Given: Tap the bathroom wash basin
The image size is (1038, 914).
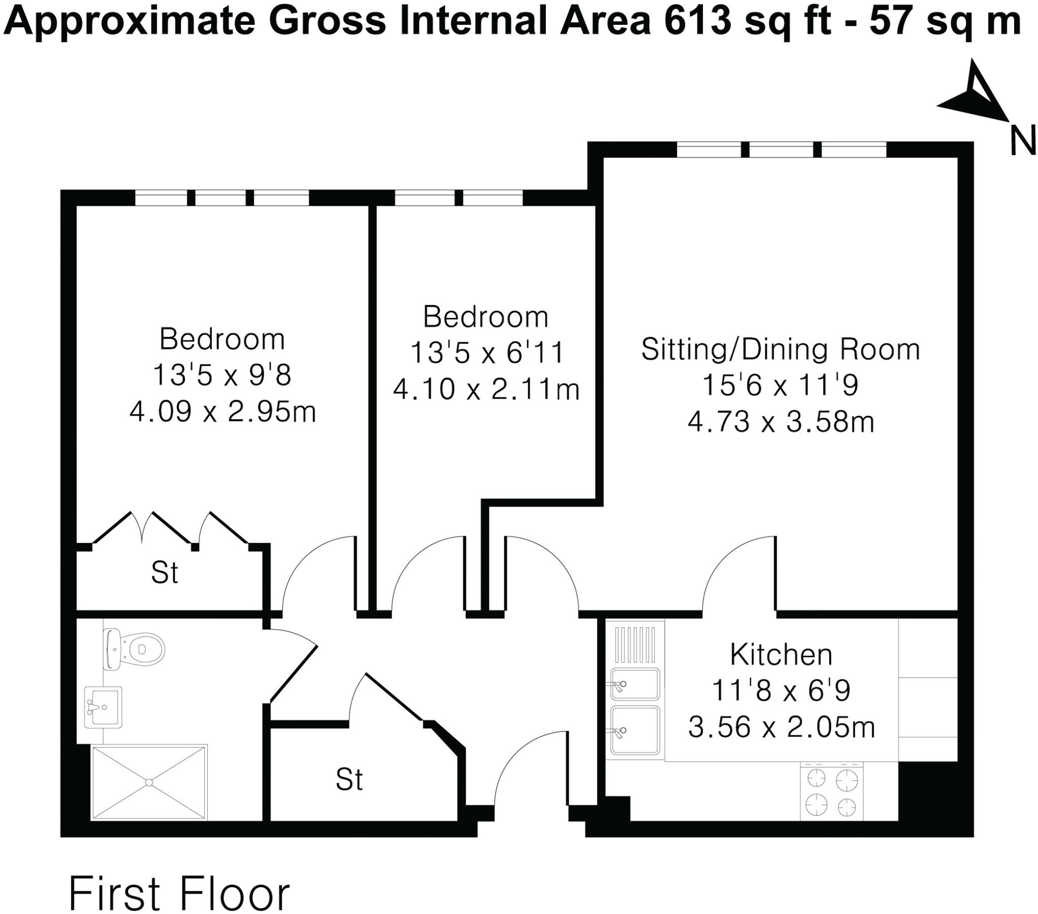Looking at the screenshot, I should [x=103, y=707].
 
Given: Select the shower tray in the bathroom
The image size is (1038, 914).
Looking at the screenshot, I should [x=149, y=782].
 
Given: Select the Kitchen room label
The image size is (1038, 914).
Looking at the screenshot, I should [x=781, y=655].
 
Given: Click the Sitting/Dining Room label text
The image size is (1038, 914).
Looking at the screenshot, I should [x=781, y=350].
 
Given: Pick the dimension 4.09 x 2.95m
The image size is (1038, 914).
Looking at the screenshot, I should [x=223, y=412].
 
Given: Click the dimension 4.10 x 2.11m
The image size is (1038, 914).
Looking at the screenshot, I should [x=486, y=390].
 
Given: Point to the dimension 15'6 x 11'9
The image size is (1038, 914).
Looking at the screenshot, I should [x=781, y=385].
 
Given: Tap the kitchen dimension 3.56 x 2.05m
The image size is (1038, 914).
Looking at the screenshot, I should [x=781, y=727].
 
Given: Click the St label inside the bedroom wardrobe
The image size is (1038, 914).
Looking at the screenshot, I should [x=165, y=573].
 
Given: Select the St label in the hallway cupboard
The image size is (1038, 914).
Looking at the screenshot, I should [x=349, y=780].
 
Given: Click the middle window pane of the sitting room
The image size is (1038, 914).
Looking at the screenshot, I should [x=781, y=150].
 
